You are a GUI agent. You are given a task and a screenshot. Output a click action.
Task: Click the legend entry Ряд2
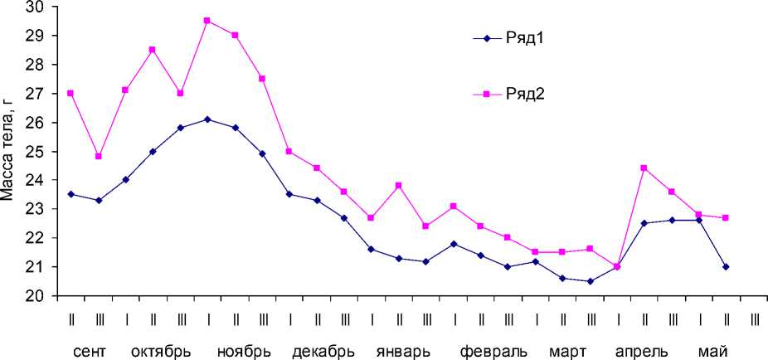524,94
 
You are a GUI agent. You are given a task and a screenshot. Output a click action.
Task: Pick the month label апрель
645,350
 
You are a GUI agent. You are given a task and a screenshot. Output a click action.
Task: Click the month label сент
89,350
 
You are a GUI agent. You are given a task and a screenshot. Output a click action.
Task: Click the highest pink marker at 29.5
207,21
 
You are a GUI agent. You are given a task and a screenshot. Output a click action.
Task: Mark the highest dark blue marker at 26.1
207,119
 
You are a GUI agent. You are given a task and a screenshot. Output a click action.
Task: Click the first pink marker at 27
70,93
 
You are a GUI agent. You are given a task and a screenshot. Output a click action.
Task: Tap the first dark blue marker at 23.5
70,194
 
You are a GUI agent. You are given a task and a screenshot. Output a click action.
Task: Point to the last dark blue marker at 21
726,266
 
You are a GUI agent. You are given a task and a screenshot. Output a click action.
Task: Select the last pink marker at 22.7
726,217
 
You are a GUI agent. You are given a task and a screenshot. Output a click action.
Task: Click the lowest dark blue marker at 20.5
590,280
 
